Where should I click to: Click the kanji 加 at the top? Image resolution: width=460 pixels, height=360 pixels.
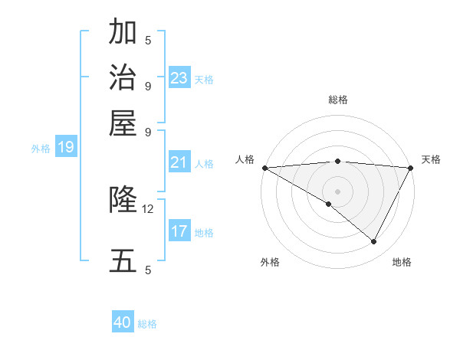[x=123, y=33]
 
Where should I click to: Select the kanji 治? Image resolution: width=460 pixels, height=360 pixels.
[x=123, y=77]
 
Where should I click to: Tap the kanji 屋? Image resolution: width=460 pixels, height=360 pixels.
[x=123, y=122]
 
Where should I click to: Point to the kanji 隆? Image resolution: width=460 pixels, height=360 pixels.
[x=123, y=200]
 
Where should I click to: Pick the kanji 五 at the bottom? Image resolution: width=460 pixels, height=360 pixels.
[x=123, y=260]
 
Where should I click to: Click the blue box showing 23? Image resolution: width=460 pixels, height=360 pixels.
[x=179, y=78]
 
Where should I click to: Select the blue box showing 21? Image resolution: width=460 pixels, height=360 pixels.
[x=179, y=162]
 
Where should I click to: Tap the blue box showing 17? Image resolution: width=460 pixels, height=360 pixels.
[x=179, y=231]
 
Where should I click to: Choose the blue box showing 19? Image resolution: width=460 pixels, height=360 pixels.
[x=65, y=147]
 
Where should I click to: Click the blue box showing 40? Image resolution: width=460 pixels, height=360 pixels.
[x=123, y=322]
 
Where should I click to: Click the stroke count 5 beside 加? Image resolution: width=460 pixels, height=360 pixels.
[x=148, y=40]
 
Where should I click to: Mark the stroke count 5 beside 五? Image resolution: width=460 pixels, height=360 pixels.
[x=148, y=270]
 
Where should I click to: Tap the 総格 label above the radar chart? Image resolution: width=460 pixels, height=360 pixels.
[x=337, y=100]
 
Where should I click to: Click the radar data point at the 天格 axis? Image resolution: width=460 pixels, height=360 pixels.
[x=411, y=168]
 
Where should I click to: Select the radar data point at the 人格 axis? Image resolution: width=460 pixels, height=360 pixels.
[x=264, y=168]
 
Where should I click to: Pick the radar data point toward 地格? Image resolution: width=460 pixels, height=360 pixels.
[x=374, y=242]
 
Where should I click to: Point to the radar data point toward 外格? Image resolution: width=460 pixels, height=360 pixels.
[x=329, y=204]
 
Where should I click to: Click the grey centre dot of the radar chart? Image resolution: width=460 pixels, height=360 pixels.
[x=337, y=191]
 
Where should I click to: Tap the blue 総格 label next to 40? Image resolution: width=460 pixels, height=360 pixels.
[x=147, y=324]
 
